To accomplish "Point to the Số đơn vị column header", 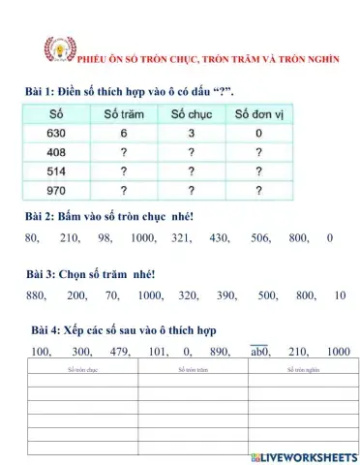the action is pyautogui.click(x=259, y=114).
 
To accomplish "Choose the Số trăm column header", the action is pyautogui.click(x=124, y=114).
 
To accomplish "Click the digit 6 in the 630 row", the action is pyautogui.click(x=124, y=132).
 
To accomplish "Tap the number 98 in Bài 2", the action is pyautogui.click(x=105, y=237).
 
